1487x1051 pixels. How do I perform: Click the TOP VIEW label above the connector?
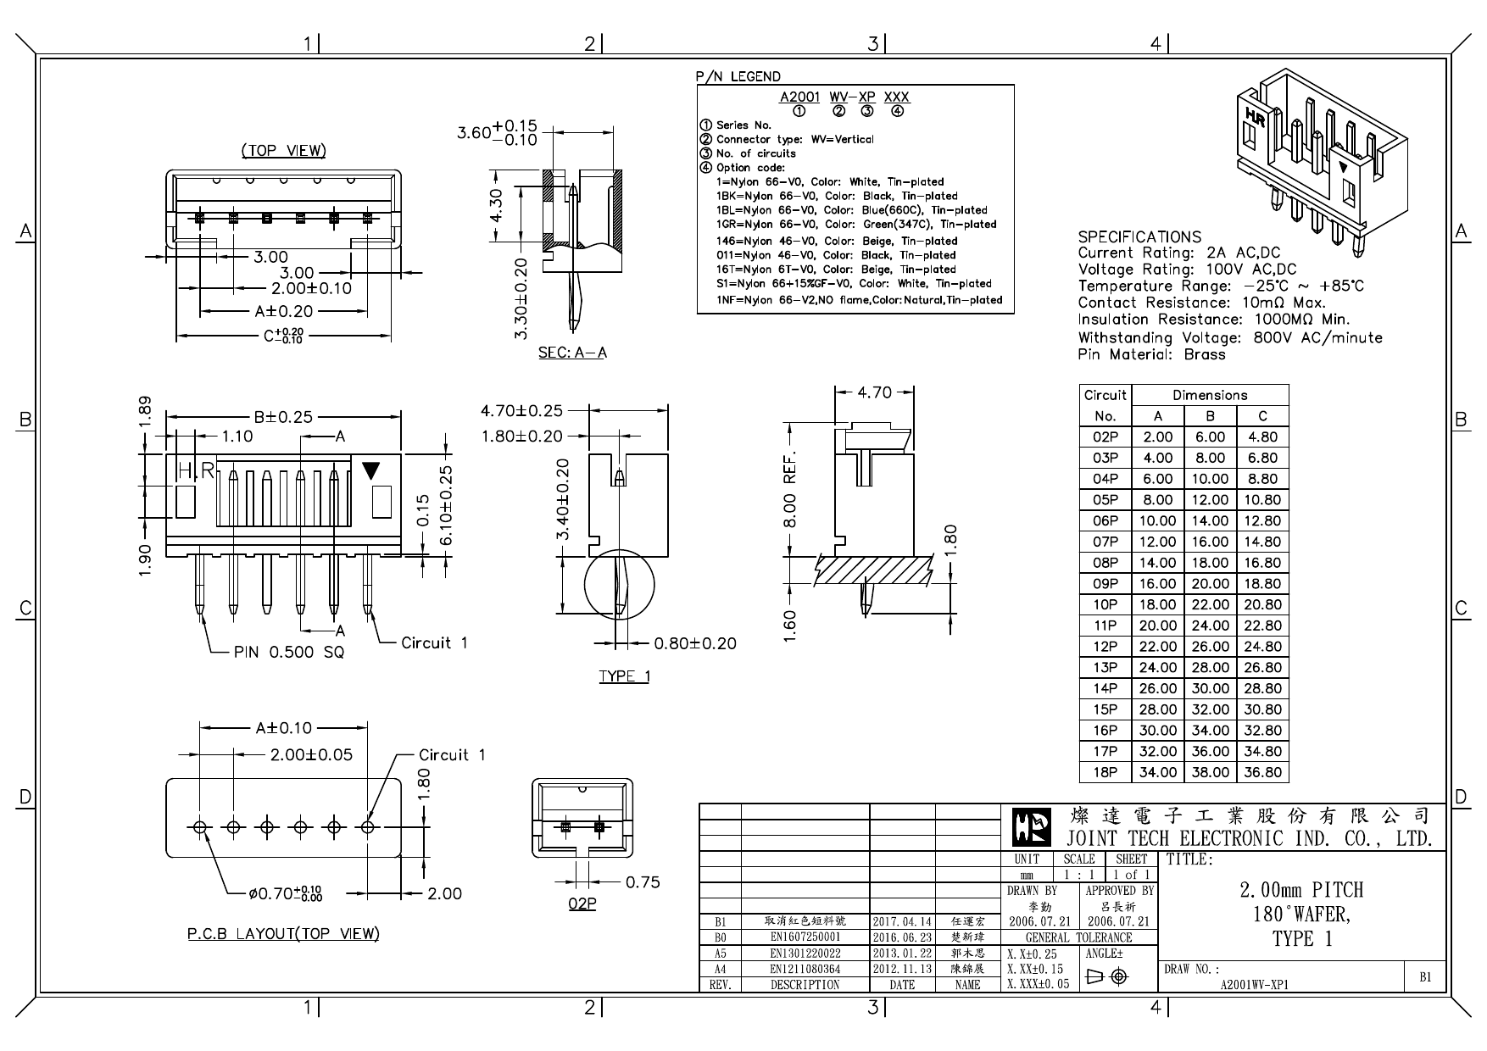(283, 151)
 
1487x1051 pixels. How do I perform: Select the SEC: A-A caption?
(572, 353)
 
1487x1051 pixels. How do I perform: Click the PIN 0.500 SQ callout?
(289, 653)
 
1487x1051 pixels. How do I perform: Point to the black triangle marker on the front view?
(371, 470)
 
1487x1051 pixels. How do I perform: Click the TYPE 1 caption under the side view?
(624, 676)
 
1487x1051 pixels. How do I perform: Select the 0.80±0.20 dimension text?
(695, 644)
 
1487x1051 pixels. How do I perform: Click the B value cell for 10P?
(1210, 604)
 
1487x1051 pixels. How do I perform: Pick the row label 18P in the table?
(1106, 772)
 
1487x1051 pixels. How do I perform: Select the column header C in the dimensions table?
(1262, 416)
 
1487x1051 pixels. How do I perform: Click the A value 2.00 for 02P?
(1157, 437)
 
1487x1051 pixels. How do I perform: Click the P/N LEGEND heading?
(738, 77)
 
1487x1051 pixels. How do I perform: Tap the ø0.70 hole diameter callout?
(285, 893)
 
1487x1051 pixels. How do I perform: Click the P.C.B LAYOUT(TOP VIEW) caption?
(283, 934)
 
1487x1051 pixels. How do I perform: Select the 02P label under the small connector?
(582, 904)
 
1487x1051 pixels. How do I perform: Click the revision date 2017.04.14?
(902, 921)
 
